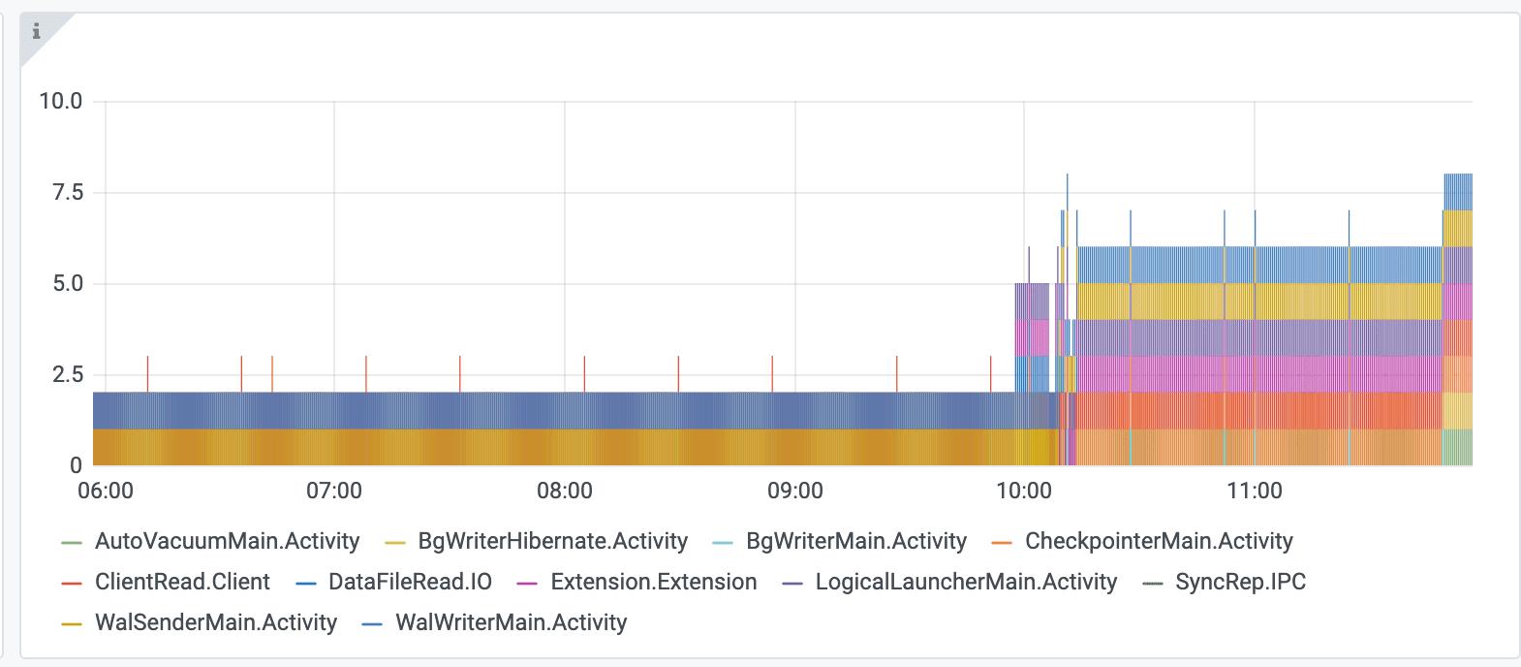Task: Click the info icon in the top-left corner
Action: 37,32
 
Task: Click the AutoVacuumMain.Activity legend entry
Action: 227,541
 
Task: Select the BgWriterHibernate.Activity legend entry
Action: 552,541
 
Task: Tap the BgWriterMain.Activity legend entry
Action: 855,541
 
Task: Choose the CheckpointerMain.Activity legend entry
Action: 1159,541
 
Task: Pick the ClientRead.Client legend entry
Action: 182,582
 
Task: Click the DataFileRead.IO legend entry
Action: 410,582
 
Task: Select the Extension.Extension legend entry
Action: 653,582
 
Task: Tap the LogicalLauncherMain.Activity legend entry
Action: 966,582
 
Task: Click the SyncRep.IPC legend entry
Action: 1240,582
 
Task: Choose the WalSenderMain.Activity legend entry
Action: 215,622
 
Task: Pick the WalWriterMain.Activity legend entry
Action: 511,622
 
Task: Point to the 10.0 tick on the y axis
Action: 61,101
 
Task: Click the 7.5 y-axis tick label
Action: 68,192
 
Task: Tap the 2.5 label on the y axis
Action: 68,374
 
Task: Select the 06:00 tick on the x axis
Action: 106,491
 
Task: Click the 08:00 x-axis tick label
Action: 565,491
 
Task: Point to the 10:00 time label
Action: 1024,491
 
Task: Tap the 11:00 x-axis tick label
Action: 1255,491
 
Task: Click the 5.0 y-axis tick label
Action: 68,283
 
